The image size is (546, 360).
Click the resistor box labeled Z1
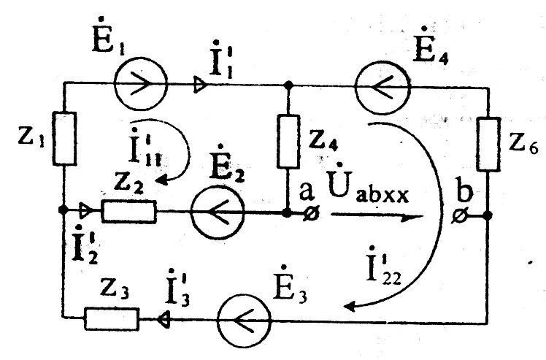64,138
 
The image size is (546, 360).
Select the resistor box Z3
112,318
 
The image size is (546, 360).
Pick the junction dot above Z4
289,85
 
